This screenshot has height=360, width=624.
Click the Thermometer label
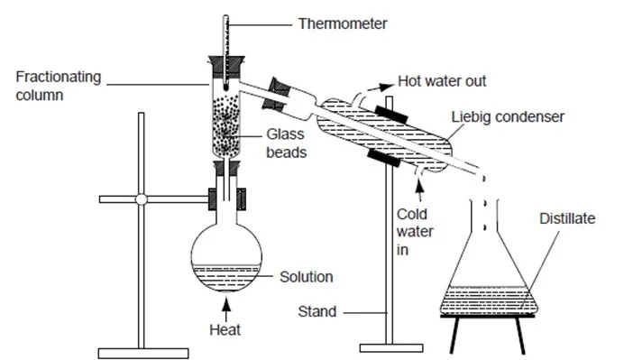(x=343, y=23)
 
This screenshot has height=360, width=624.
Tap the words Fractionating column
(x=59, y=86)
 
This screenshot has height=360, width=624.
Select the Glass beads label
(x=286, y=143)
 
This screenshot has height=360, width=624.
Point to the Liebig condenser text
(x=508, y=117)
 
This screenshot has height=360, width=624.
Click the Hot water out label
(x=442, y=81)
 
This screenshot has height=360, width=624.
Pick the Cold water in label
(x=415, y=232)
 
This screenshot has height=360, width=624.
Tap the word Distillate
(x=567, y=218)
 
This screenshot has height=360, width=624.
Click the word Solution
(x=306, y=277)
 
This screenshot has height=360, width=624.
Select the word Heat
(x=225, y=329)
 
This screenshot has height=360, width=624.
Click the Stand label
(x=317, y=311)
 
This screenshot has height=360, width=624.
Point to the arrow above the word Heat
(x=226, y=309)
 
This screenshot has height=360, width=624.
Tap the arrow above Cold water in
(x=419, y=190)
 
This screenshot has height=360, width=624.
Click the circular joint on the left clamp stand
(x=142, y=199)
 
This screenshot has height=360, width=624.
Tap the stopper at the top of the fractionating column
(x=226, y=68)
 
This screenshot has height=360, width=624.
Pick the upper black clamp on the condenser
(x=391, y=115)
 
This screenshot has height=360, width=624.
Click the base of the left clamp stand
(x=143, y=353)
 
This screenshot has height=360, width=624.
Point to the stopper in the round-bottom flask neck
(x=226, y=168)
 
